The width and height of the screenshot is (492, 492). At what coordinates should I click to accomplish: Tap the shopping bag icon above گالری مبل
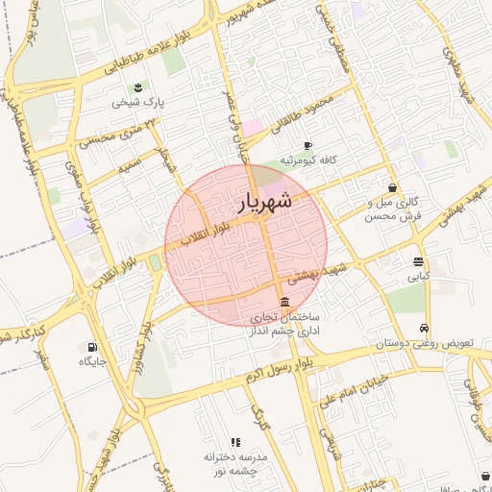(x=392, y=187)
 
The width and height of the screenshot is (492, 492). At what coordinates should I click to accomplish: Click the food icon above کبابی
(x=418, y=261)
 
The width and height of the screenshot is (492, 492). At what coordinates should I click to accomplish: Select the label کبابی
(x=418, y=276)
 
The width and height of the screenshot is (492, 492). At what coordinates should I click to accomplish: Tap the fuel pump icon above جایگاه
(x=92, y=347)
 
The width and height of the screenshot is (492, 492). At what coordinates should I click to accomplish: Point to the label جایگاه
(x=92, y=361)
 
